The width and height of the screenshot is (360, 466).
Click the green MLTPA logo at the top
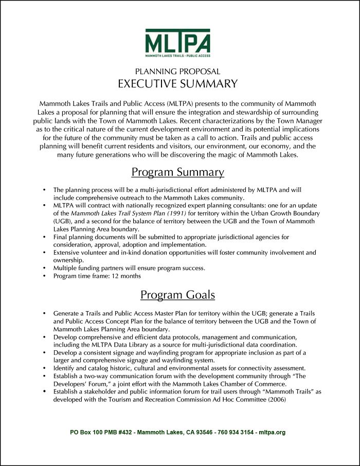[177, 43]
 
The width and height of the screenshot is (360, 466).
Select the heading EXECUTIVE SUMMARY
[177, 84]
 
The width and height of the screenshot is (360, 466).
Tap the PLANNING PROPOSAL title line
[177, 71]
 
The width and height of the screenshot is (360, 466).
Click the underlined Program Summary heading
[177, 172]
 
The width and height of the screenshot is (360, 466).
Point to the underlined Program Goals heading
[177, 295]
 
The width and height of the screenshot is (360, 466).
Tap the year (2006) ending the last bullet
[275, 399]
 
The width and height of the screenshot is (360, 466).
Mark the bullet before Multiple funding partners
[45, 268]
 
